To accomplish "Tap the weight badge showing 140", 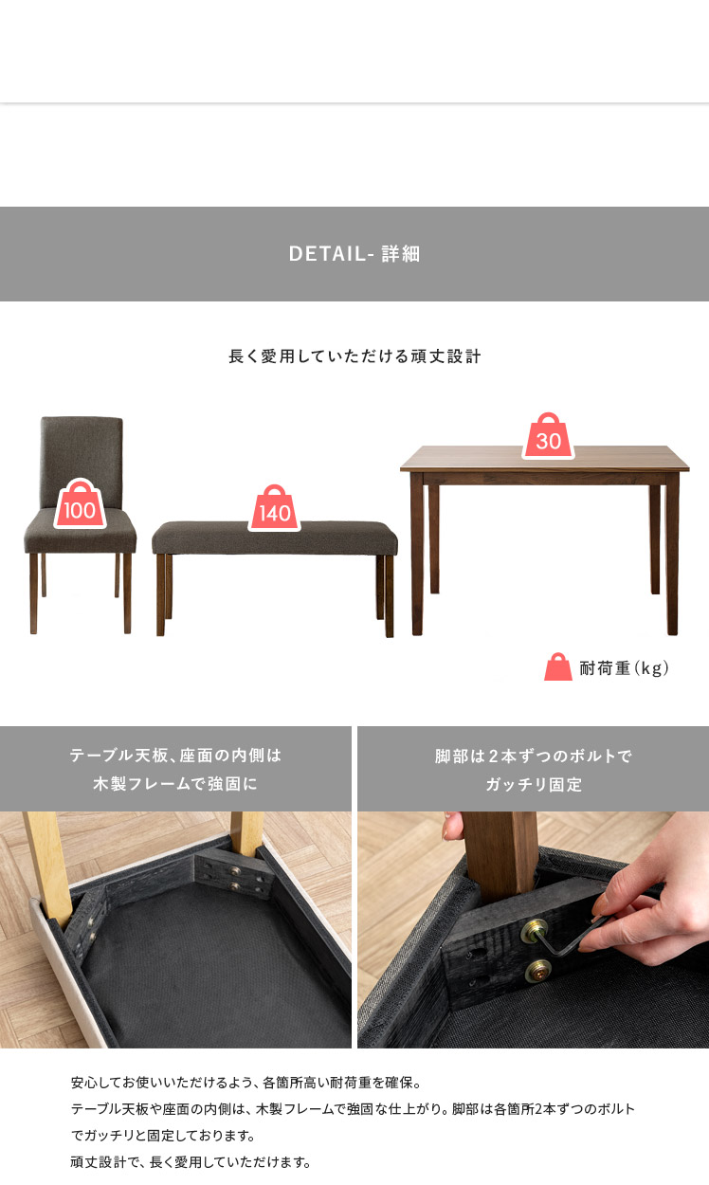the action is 275,508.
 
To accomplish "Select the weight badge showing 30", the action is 548,436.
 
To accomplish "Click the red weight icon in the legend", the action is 558,666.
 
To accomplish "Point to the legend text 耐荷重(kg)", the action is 625,668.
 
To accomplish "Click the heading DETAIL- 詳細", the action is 354,254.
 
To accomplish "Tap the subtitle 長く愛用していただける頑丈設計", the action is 354,356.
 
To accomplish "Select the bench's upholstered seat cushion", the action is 275,538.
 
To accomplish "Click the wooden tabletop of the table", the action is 545,459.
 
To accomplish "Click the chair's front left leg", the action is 33,593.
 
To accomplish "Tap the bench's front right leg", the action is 389,595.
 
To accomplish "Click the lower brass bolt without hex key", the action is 538,971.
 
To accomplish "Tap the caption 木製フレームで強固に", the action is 175,783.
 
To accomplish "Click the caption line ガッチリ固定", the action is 534,784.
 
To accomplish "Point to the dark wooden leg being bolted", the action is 500,855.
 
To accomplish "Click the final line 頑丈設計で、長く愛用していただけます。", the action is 191,1161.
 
